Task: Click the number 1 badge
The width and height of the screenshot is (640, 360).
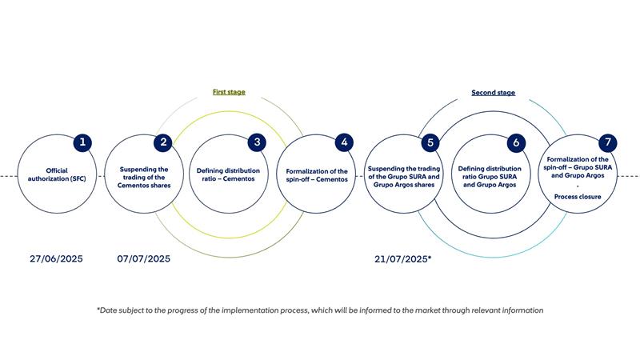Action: [x=82, y=142]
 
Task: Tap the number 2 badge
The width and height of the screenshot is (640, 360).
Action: [x=163, y=142]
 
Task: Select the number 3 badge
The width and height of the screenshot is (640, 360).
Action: [x=257, y=142]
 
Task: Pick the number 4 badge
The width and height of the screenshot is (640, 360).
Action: [x=344, y=142]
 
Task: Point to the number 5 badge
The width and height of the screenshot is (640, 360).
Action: [x=430, y=142]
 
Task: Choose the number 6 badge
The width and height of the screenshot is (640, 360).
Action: [x=516, y=142]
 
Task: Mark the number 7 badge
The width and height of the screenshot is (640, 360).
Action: [x=608, y=142]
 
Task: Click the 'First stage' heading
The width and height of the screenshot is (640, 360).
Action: [x=229, y=92]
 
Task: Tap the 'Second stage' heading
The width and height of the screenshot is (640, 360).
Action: [x=493, y=93]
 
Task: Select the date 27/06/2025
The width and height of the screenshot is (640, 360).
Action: [x=56, y=258]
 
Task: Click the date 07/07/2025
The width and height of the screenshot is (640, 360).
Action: [x=144, y=258]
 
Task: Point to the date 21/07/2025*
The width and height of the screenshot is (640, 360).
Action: [x=403, y=258]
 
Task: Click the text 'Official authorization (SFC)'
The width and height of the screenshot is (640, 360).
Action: [x=57, y=174]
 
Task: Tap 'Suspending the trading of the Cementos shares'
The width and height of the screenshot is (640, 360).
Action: [x=144, y=177]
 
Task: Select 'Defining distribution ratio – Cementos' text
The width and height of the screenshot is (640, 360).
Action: [x=228, y=174]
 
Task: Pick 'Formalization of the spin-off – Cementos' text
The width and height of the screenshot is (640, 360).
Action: [x=317, y=175]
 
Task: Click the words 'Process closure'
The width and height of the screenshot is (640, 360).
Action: [x=578, y=197]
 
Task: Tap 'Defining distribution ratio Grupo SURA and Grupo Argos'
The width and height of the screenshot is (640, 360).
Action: [x=490, y=177]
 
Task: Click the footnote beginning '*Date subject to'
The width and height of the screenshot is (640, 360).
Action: [x=320, y=310]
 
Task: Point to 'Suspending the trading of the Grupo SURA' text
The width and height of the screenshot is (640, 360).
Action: [x=404, y=173]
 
